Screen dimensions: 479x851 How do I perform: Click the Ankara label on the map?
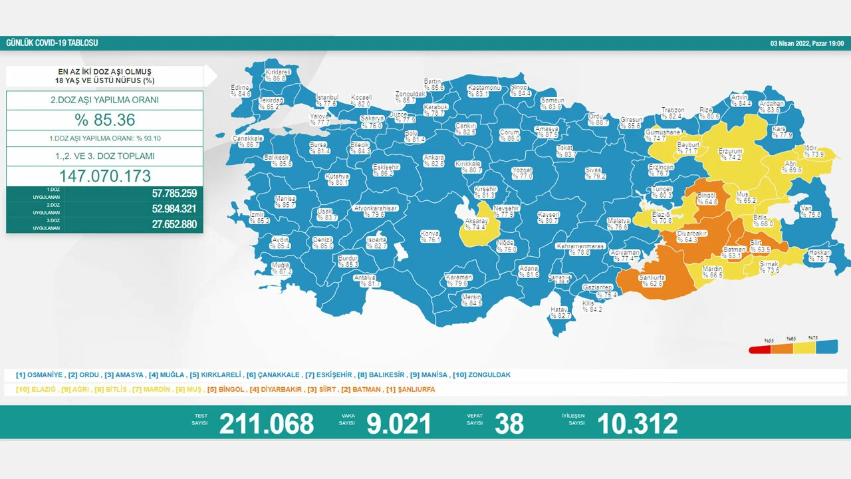(433, 160)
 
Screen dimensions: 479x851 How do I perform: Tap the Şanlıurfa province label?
(652, 280)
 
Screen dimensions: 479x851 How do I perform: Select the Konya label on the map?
(430, 236)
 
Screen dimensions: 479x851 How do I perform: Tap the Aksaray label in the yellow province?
(477, 224)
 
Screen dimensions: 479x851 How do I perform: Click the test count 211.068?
(266, 424)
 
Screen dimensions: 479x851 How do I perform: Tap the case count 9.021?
(399, 424)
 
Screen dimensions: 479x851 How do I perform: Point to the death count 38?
(509, 424)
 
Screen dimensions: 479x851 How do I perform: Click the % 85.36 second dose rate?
(104, 120)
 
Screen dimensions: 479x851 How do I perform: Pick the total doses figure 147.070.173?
(104, 176)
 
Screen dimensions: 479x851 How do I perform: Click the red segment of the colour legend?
(760, 349)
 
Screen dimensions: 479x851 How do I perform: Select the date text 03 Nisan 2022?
(790, 43)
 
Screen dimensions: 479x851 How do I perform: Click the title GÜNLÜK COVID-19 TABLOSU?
(52, 43)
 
